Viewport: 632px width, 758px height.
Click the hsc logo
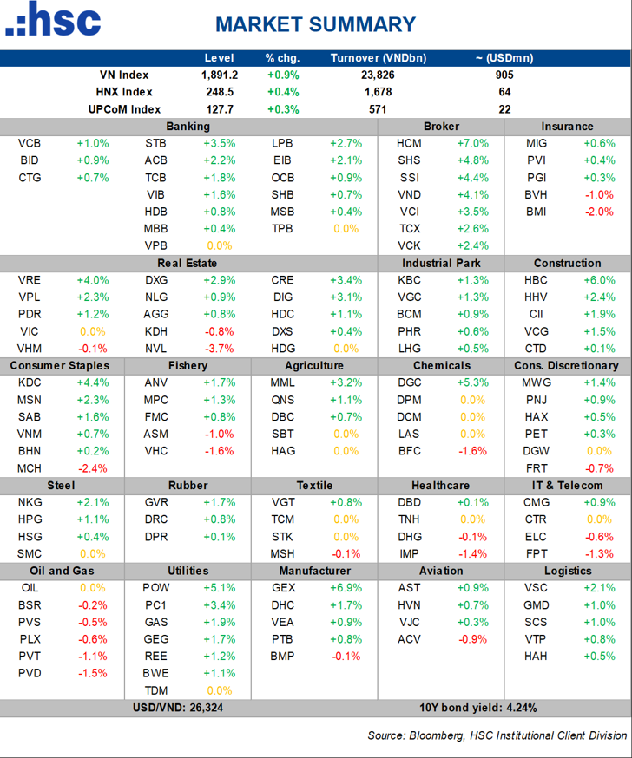53,19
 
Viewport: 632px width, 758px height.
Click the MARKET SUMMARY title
315,24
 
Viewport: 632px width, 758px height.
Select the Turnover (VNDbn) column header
379,58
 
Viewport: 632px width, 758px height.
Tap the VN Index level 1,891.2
220,75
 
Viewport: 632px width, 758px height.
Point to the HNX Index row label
124,92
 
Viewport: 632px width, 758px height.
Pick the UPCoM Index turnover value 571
378,109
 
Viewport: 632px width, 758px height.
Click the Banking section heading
188,126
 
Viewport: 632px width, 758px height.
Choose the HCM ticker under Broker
409,144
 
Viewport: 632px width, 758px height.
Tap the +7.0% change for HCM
473,144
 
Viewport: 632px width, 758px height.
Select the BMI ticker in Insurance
537,212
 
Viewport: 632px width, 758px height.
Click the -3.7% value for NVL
220,349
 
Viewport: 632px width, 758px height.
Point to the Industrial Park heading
441,263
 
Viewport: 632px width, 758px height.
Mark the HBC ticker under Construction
536,280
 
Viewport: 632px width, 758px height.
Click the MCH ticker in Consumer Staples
30,468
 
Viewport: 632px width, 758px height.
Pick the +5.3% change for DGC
473,382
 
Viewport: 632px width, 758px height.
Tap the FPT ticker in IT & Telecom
537,553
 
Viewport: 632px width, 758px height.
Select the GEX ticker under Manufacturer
283,588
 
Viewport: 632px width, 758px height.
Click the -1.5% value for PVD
93,673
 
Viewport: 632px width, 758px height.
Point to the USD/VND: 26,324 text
178,708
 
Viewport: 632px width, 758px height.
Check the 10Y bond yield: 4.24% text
478,708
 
